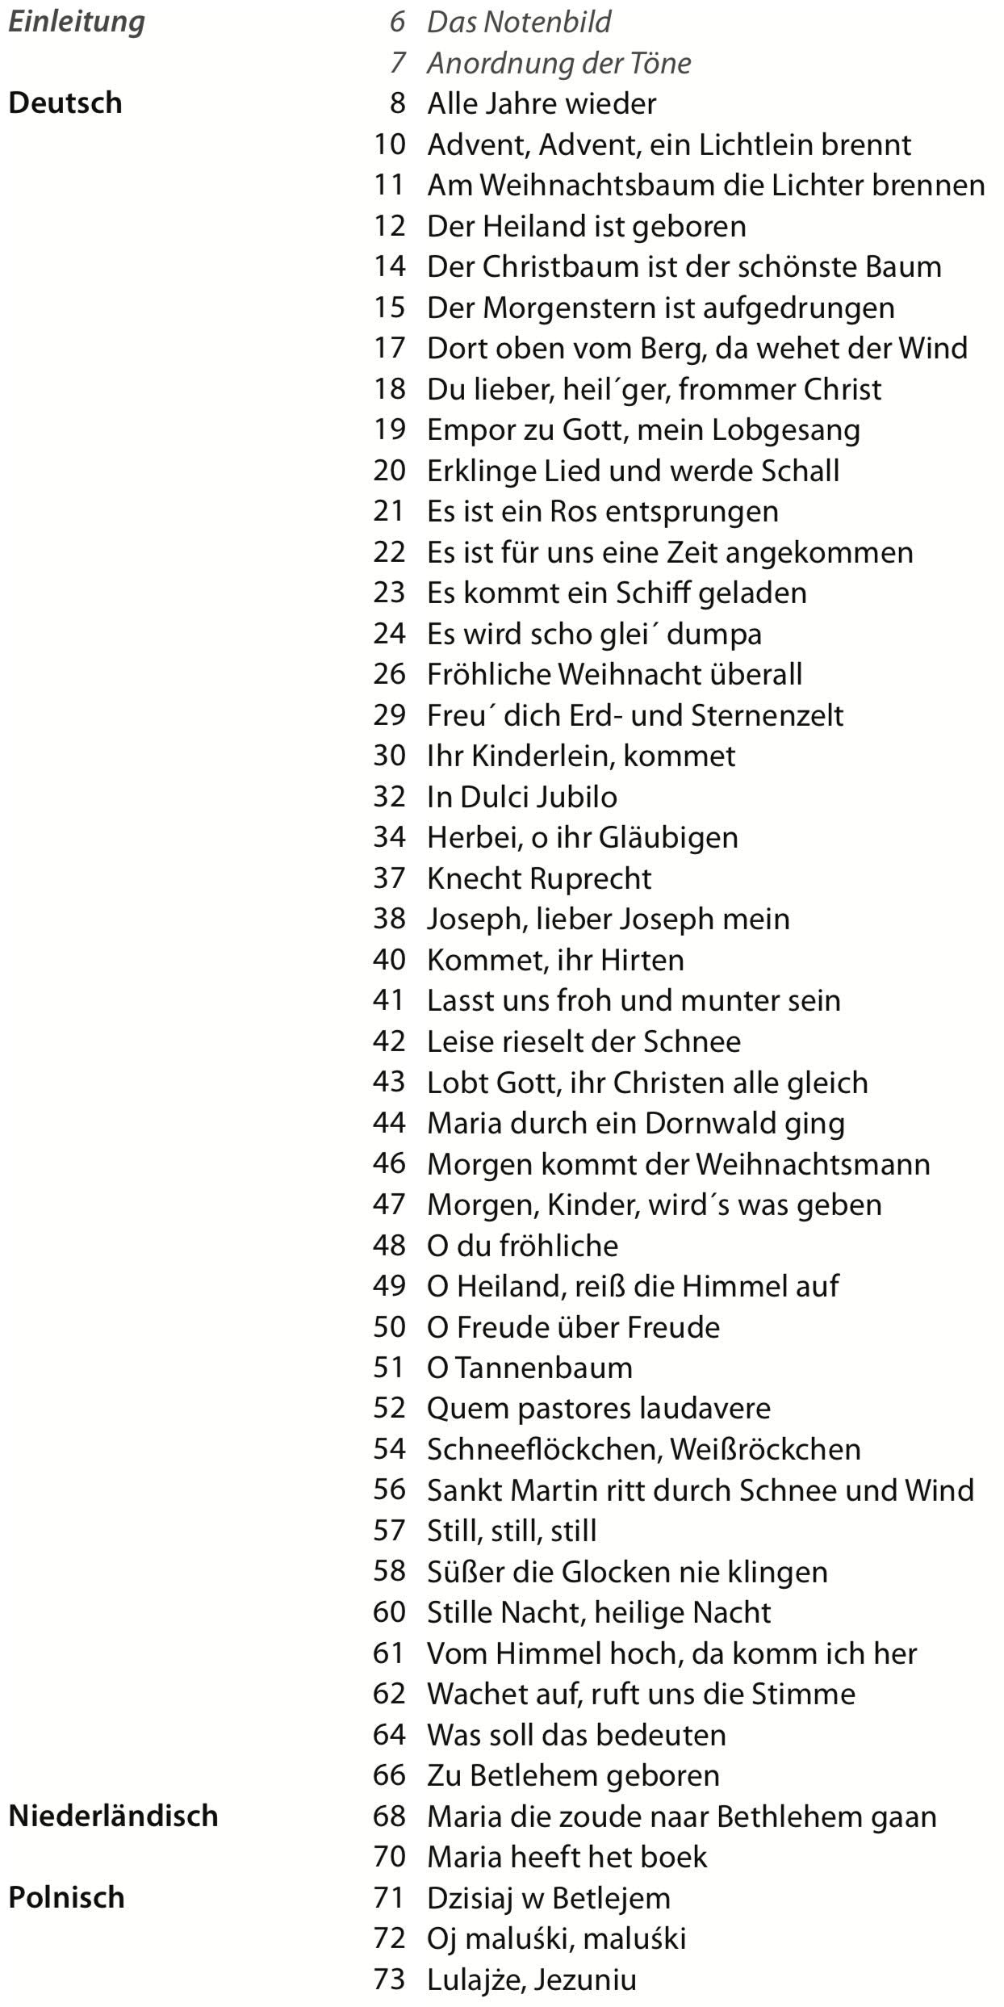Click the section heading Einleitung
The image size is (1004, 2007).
coord(76,22)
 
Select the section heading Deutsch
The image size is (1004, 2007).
coord(65,103)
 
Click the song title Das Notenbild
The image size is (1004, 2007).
coord(518,22)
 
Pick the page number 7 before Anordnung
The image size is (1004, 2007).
coord(396,63)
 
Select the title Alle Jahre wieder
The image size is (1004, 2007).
coord(541,103)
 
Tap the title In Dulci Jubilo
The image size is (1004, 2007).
coord(521,796)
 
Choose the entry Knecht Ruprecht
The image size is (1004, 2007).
coord(538,878)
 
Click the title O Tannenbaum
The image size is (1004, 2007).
coord(529,1367)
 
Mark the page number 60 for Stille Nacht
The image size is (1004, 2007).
coord(388,1611)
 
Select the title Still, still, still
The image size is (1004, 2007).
coord(511,1530)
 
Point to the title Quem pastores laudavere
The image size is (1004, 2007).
coord(598,1407)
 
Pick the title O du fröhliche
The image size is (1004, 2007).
coord(522,1244)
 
